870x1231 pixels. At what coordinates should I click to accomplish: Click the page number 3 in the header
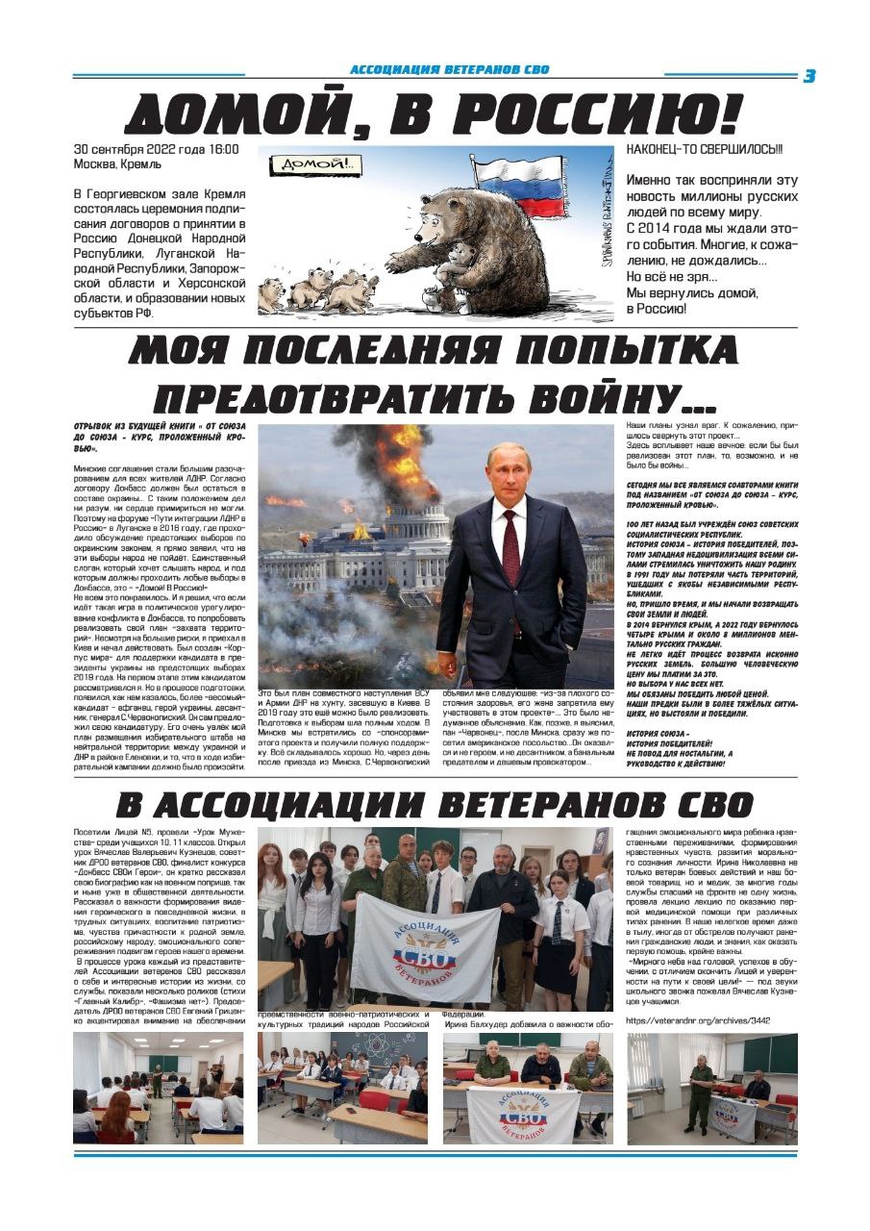pos(809,76)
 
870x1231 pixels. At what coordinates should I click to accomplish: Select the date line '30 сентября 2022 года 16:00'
pos(157,150)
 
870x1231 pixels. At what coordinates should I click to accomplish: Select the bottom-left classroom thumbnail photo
pos(158,1089)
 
